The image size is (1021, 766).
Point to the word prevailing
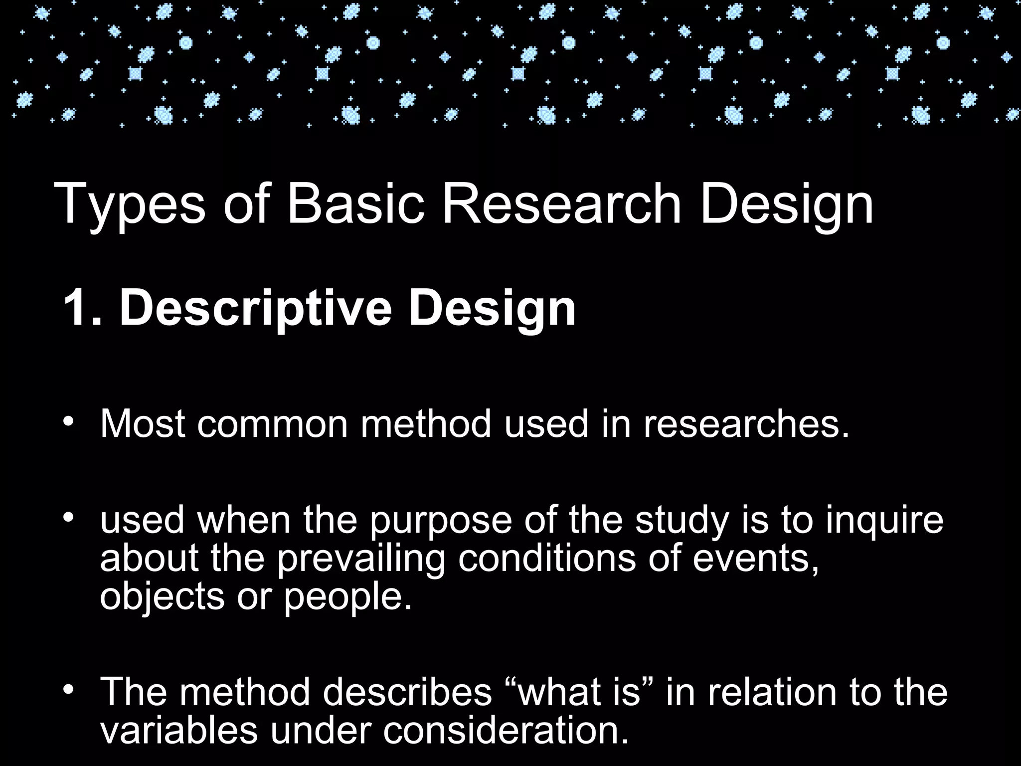[x=361, y=559]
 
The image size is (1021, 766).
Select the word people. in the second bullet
[x=348, y=597]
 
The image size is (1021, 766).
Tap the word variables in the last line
[x=179, y=730]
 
